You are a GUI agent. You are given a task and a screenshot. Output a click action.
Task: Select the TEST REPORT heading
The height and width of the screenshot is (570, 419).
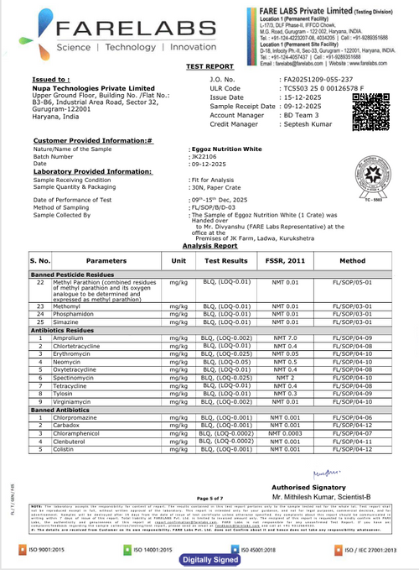point(209,65)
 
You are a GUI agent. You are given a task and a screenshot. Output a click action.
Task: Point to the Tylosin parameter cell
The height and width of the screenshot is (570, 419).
point(64,393)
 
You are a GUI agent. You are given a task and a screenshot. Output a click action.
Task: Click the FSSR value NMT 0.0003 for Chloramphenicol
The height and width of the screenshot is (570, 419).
point(285,432)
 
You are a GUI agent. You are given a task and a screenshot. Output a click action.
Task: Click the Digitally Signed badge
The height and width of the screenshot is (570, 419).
point(208,557)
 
